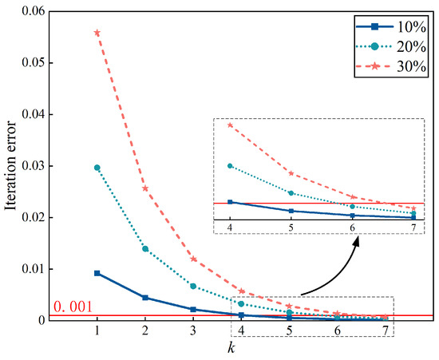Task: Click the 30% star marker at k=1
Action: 97,33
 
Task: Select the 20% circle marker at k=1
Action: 97,168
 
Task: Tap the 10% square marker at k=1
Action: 97,273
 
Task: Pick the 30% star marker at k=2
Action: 145,188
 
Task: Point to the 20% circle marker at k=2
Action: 145,249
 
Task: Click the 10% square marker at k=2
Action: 145,298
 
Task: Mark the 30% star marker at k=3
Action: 193,259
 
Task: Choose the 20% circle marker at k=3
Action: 193,286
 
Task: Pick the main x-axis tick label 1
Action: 97,329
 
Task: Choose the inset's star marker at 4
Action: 231,125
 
